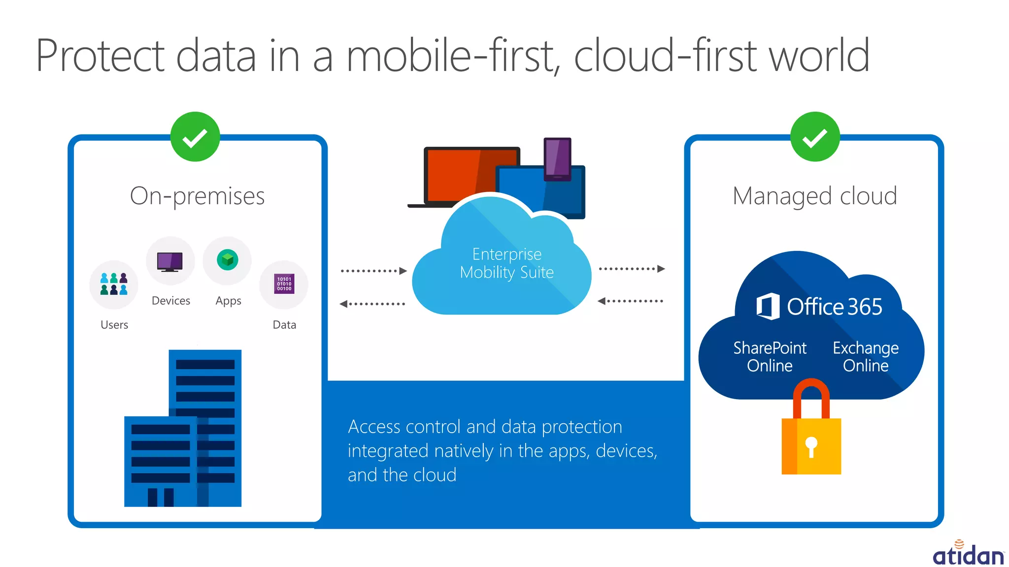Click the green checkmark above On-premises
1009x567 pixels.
pos(195,137)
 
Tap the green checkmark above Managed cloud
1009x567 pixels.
pos(815,137)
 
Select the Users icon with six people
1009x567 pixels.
pos(114,284)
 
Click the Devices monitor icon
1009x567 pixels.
pos(170,261)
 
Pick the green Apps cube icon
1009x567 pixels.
pos(227,259)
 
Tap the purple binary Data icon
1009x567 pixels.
pos(284,284)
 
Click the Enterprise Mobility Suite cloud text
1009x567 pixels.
pos(506,263)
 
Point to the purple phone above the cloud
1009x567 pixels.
pos(557,158)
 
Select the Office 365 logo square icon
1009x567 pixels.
pos(768,306)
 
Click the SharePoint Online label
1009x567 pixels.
pos(770,356)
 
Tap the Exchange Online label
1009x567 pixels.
pos(866,356)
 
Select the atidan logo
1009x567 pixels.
pos(969,554)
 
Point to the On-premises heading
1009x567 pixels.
pos(197,196)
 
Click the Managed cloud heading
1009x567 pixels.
pos(814,196)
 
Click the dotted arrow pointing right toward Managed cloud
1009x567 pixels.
pos(632,269)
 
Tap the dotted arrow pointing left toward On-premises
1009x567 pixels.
pos(372,304)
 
